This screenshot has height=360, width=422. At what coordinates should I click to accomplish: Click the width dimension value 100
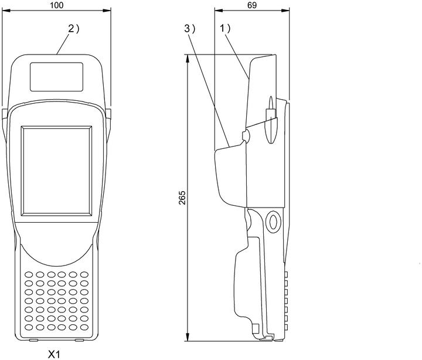[57, 5]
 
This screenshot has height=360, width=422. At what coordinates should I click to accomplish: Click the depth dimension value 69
[252, 5]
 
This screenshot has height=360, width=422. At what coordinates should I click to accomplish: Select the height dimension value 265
[182, 198]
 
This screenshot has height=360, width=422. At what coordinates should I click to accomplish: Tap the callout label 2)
[73, 29]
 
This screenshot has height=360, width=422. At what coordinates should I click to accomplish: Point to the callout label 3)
[190, 29]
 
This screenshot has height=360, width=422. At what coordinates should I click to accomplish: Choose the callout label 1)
[225, 28]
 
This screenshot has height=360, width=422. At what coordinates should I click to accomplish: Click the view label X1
[54, 354]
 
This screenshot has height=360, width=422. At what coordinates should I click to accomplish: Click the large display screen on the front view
[56, 171]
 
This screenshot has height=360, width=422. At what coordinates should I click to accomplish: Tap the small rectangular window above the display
[56, 77]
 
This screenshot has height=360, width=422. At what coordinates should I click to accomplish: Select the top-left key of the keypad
[29, 274]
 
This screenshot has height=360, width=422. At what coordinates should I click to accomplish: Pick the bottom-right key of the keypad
[84, 327]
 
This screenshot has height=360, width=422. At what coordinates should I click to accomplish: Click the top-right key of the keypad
[84, 274]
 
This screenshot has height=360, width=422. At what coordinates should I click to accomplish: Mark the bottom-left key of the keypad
[29, 327]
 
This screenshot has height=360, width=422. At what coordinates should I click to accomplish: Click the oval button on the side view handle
[273, 222]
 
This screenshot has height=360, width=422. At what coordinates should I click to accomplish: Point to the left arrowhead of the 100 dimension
[6, 11]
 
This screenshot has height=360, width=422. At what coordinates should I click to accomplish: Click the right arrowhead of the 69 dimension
[285, 11]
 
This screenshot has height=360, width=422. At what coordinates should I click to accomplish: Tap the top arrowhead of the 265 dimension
[188, 59]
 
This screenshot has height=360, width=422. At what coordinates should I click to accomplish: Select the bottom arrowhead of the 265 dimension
[188, 337]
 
